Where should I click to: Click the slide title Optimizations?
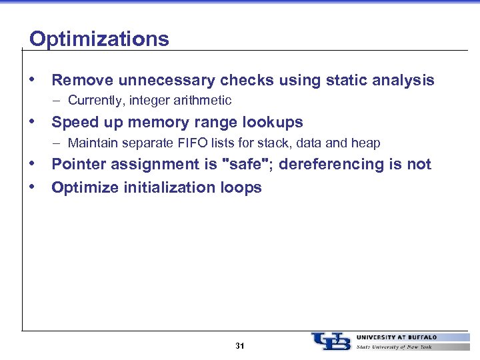click(99, 39)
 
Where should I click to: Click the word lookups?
click(273, 123)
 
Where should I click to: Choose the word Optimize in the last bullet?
click(83, 188)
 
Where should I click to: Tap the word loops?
click(240, 188)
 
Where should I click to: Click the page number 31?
click(240, 346)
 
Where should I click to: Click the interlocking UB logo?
click(330, 341)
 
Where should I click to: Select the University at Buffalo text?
click(397, 337)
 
